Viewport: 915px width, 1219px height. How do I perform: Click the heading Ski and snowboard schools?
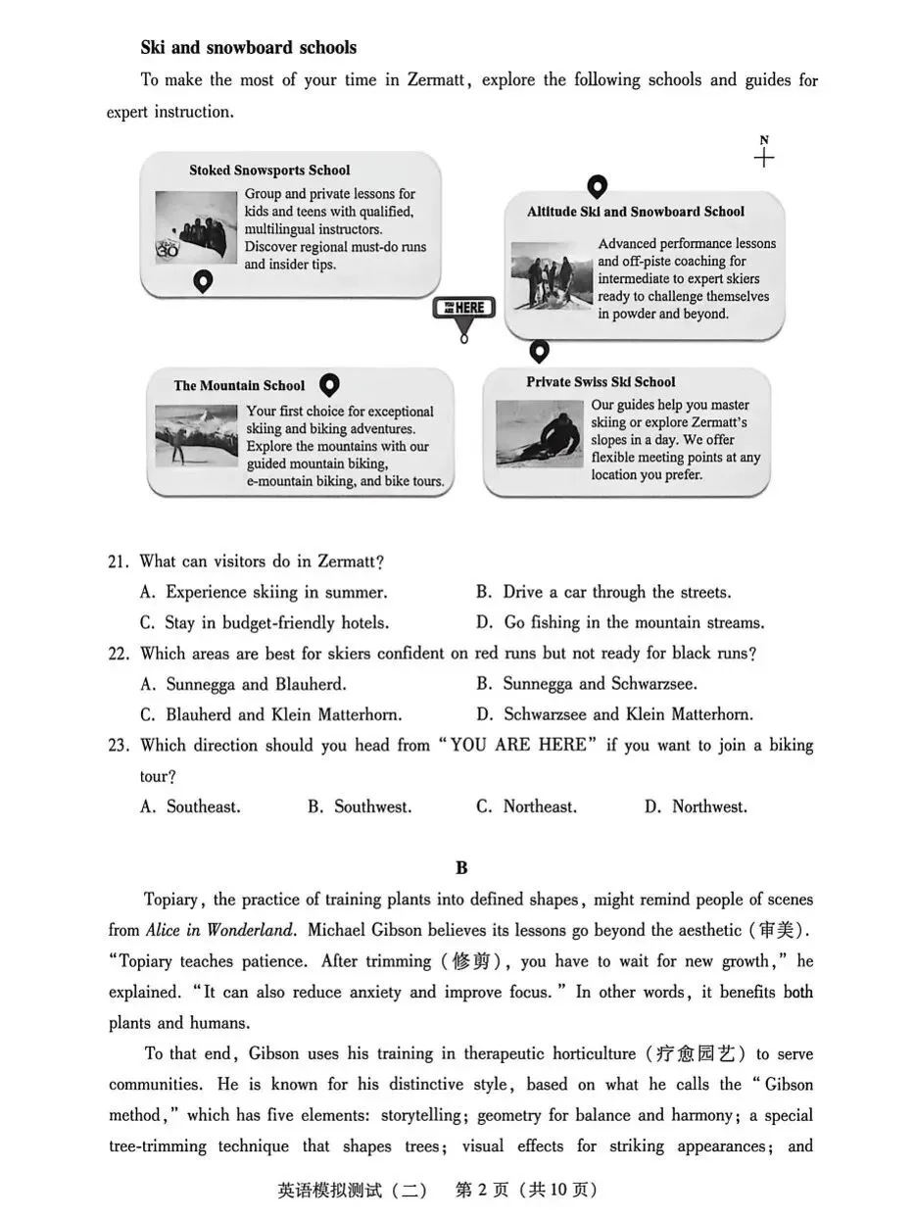click(x=248, y=48)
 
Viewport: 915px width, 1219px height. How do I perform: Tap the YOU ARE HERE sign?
click(x=463, y=309)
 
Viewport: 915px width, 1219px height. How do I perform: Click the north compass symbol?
click(x=764, y=156)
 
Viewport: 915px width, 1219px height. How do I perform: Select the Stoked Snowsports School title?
click(x=269, y=171)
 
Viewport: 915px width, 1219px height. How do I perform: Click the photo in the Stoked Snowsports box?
click(x=196, y=227)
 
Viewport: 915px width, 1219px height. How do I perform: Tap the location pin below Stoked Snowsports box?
click(x=203, y=282)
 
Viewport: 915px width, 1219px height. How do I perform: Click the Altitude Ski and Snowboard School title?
click(x=635, y=212)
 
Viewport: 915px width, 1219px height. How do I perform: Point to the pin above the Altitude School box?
click(x=597, y=186)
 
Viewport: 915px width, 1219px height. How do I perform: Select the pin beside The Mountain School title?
click(x=330, y=383)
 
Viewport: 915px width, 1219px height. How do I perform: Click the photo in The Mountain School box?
click(x=196, y=436)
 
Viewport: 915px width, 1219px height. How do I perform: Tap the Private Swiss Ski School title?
click(x=601, y=382)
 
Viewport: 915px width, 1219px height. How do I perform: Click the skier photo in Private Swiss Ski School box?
click(x=539, y=433)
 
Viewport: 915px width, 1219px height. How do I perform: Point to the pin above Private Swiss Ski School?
click(x=539, y=350)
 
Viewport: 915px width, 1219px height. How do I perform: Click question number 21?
click(x=119, y=562)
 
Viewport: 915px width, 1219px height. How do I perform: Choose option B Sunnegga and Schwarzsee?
click(x=600, y=684)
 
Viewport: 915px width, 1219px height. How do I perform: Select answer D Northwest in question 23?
click(x=696, y=807)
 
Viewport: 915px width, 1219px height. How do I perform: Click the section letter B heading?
click(x=461, y=868)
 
